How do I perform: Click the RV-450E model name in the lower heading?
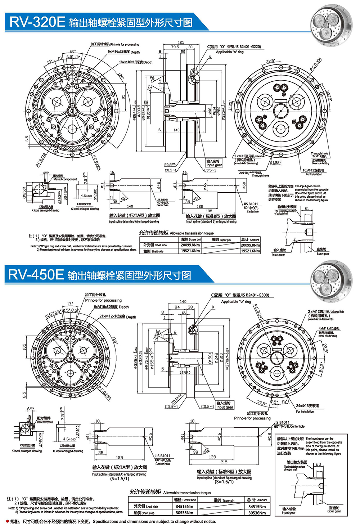[36, 275]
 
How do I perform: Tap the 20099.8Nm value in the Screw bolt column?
[190, 245]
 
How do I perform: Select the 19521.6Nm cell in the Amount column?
[250, 251]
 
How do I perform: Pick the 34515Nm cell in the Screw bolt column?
[184, 506]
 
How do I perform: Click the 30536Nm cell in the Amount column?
[257, 513]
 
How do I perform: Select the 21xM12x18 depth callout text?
[117, 316]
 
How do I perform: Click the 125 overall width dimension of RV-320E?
[181, 42]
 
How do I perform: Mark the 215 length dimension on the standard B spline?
[224, 462]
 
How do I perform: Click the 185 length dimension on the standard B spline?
[209, 211]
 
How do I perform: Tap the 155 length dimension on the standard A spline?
[119, 458]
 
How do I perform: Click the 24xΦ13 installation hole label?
[307, 405]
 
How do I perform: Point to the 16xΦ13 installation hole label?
[313, 170]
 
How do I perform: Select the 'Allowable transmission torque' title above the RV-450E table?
[170, 492]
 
